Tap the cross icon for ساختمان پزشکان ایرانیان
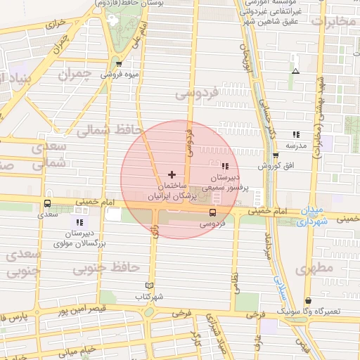172,174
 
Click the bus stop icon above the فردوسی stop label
212,212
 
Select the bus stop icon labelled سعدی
48,204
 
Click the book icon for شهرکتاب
148,285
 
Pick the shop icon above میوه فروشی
118,64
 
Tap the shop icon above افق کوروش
275,155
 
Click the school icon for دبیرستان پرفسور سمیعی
225,167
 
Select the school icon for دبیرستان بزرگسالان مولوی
79,222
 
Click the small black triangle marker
296,71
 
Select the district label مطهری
313,269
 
